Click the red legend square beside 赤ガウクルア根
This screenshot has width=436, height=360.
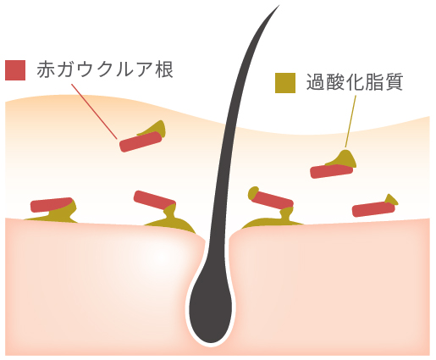15,70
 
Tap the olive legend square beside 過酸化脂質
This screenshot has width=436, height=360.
285,83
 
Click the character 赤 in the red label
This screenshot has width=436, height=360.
46,69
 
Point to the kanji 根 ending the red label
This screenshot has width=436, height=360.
164,69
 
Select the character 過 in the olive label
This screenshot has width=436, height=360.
316,82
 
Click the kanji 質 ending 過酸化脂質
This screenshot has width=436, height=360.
394,82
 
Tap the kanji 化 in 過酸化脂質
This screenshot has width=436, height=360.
355,82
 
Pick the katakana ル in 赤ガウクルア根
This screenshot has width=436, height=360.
124,69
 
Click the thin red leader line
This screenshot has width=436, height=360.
94,111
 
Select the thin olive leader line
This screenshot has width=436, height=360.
350,122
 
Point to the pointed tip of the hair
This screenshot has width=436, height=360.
279,5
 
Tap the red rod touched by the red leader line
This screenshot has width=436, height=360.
141,141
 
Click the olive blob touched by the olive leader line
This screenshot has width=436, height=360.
344,159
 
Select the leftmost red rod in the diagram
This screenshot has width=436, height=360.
52,205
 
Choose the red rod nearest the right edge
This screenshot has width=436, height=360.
373,209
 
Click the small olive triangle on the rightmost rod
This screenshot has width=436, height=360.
391,199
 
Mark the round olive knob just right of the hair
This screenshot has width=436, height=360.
253,193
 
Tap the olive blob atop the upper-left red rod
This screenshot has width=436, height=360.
152,129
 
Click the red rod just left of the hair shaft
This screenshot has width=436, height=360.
154,200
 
